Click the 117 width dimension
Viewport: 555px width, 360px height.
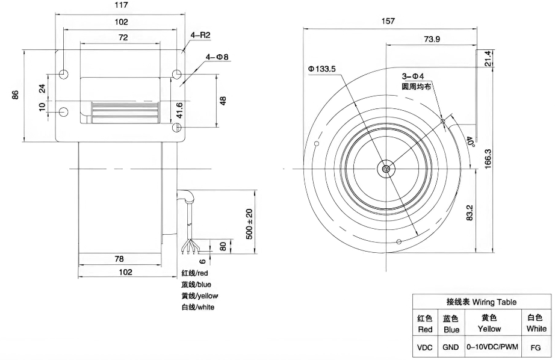(122, 5)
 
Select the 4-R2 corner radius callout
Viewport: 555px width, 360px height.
(200, 36)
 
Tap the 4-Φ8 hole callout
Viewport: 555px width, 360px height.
(217, 57)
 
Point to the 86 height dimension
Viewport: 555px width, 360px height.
(15, 95)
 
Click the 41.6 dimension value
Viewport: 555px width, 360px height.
(179, 110)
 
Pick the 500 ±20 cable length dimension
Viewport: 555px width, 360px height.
(249, 224)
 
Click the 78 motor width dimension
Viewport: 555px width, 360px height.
(119, 259)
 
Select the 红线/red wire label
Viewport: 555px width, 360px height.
(194, 273)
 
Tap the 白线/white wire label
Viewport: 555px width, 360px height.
(198, 307)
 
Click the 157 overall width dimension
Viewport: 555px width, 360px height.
(388, 21)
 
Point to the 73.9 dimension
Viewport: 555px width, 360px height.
(432, 39)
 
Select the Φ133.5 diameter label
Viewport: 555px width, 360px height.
(322, 69)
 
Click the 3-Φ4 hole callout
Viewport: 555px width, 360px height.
(413, 76)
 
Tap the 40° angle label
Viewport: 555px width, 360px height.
(470, 141)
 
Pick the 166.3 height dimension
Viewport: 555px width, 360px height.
(488, 158)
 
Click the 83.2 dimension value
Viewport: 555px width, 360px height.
(470, 213)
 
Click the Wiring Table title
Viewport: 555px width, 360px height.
(482, 302)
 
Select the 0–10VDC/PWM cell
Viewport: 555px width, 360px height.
(492, 347)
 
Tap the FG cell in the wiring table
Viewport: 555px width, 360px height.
(536, 347)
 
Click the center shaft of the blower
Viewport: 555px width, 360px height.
(386, 169)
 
